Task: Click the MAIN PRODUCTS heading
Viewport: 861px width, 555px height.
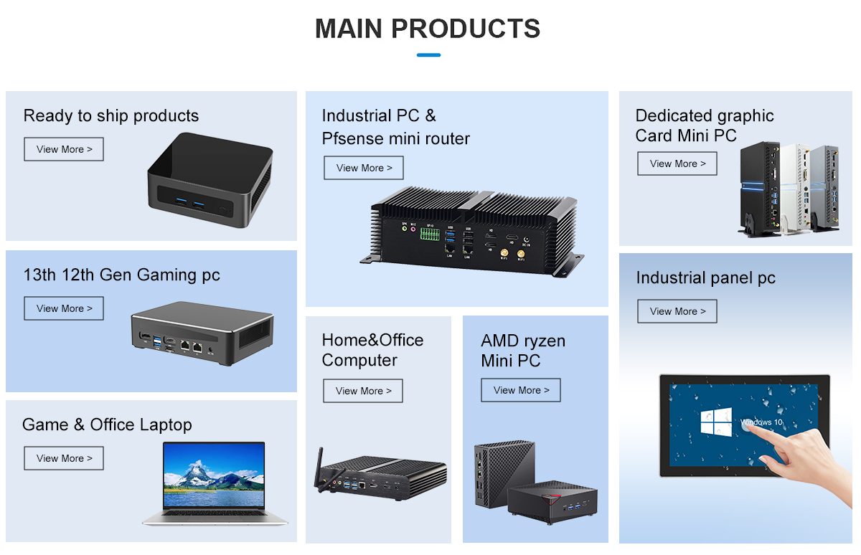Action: coord(428,29)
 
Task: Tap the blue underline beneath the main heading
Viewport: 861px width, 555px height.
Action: coord(428,54)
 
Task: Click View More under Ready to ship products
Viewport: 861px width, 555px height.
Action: coord(64,149)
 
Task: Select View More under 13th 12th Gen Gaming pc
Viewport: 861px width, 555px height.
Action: coord(64,308)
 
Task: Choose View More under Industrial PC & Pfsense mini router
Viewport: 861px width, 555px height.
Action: coord(364,168)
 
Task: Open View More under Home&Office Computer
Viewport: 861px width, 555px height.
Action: coord(363,391)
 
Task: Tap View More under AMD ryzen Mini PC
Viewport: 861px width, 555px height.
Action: coord(521,390)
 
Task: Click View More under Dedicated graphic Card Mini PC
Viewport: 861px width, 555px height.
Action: coord(677,163)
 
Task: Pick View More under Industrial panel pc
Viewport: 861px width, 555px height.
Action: coord(677,311)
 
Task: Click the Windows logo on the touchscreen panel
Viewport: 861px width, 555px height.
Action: coord(716,422)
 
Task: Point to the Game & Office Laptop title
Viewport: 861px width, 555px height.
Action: coord(107,424)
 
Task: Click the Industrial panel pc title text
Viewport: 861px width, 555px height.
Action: coord(705,278)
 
